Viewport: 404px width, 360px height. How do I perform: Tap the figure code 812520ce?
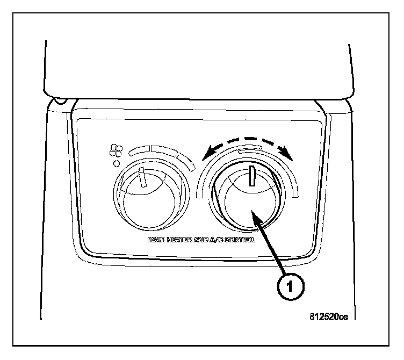(328, 316)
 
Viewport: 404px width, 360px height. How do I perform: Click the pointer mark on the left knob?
(142, 177)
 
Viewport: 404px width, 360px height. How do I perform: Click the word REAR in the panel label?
(156, 240)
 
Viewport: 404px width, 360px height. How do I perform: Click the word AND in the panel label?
(204, 240)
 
